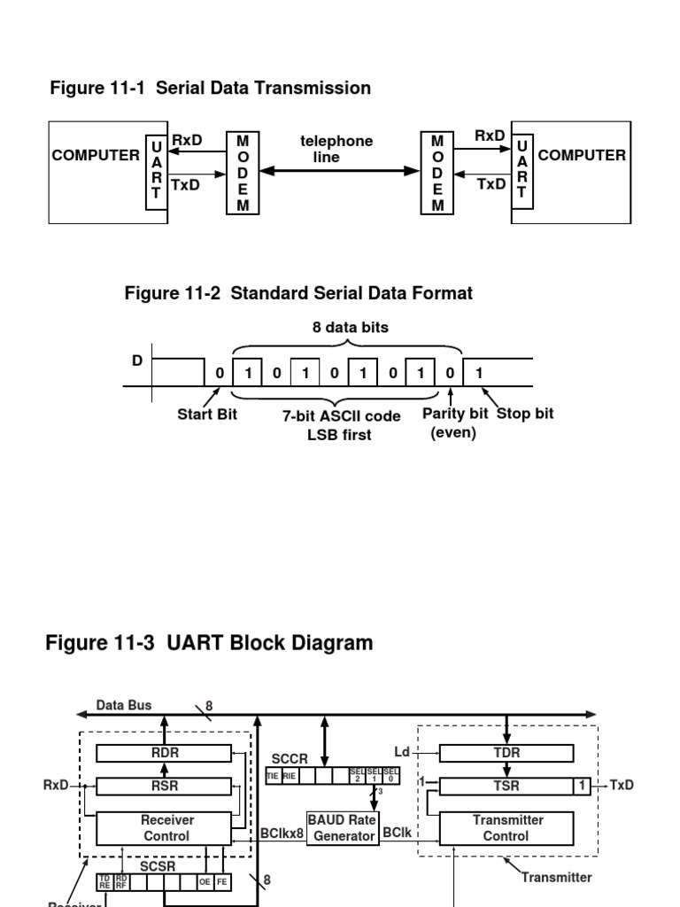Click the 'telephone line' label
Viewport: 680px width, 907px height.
(336, 149)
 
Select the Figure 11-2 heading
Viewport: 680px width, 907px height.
(298, 293)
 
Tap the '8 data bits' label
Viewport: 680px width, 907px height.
(350, 327)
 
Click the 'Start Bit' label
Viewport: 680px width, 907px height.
(207, 414)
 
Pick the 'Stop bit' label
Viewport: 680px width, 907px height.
(525, 414)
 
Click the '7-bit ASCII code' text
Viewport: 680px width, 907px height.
(342, 415)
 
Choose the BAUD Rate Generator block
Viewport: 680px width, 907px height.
(342, 828)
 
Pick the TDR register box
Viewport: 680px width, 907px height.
(506, 753)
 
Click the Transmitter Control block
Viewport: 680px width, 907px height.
(506, 828)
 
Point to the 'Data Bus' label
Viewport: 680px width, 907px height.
(124, 705)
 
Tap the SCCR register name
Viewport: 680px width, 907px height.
(290, 759)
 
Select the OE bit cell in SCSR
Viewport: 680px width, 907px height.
(205, 881)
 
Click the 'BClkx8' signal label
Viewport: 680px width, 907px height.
(282, 833)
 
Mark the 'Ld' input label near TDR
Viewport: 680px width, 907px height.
(402, 752)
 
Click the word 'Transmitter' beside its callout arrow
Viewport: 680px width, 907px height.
(557, 877)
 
